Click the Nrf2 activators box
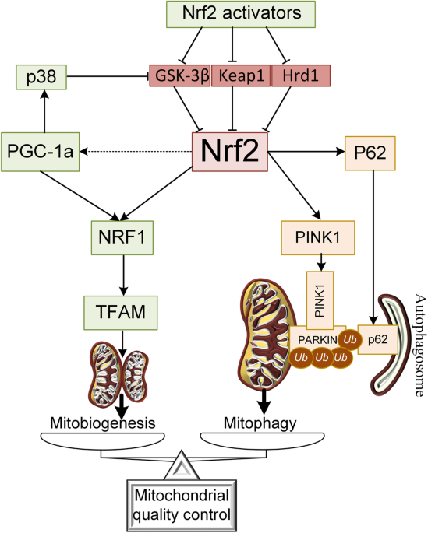(241, 14)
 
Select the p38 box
(41, 77)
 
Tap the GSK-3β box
(180, 75)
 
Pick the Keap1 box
(241, 75)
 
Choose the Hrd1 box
(301, 75)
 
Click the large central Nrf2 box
(230, 152)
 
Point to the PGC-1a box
(41, 152)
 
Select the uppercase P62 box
(370, 153)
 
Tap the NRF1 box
(122, 237)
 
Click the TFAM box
(121, 313)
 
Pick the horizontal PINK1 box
(318, 237)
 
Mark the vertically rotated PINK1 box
(320, 300)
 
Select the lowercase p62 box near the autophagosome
(378, 339)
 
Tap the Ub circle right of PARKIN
(350, 339)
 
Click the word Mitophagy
(260, 423)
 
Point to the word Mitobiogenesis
(103, 423)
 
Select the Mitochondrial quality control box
(182, 506)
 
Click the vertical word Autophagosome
(420, 345)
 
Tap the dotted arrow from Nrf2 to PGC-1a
(136, 152)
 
